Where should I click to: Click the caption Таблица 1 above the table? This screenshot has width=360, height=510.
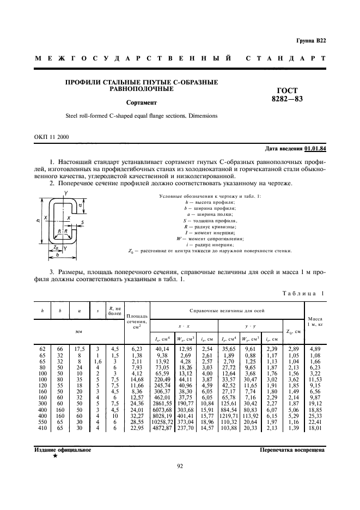click(x=303, y=294)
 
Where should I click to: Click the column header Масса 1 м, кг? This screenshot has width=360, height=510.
click(x=315, y=321)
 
